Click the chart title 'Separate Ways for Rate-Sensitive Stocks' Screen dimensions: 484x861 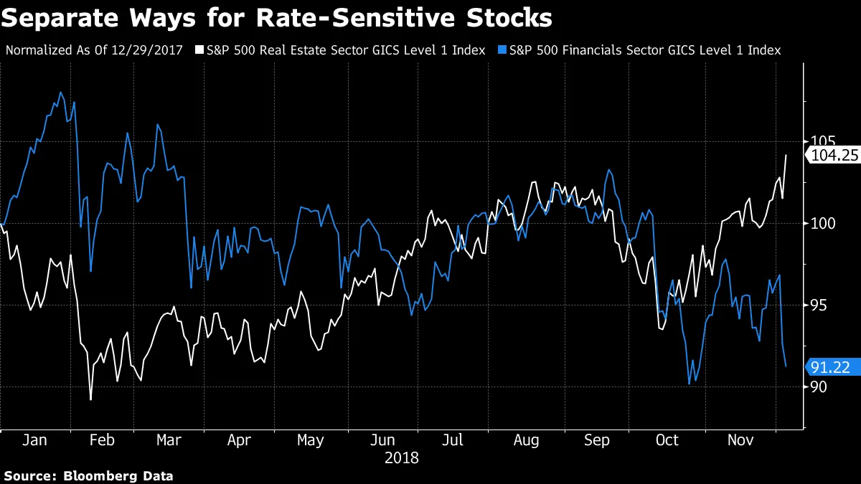[276, 17]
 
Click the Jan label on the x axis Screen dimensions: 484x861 [34, 440]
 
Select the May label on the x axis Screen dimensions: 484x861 [310, 440]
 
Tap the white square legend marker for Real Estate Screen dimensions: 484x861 [199, 50]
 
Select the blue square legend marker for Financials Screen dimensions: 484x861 [502, 50]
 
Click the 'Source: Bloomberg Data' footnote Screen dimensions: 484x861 [89, 475]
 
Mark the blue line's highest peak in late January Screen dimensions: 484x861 [60, 92]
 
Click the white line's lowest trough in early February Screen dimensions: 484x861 [90, 399]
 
